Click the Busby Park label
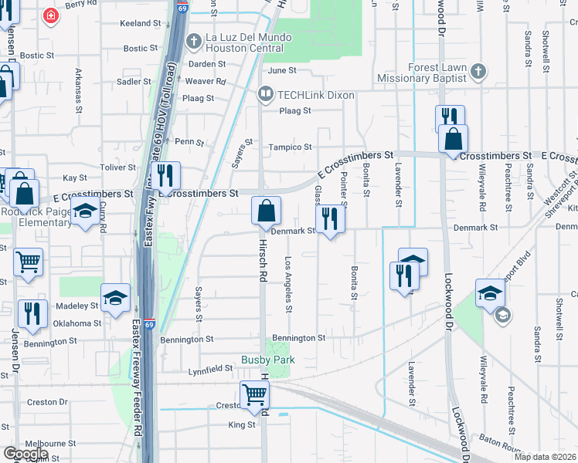[x=268, y=360]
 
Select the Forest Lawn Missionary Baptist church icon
[x=478, y=73]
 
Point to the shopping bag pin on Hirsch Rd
[x=266, y=210]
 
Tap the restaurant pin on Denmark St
[x=330, y=218]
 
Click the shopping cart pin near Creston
[x=254, y=394]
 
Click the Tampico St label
[x=290, y=147]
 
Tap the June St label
[x=282, y=70]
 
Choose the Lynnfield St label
[x=211, y=371]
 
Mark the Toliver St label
[x=117, y=167]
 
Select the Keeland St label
[x=140, y=24]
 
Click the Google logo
[x=25, y=454]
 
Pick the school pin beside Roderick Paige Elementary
[x=85, y=214]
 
